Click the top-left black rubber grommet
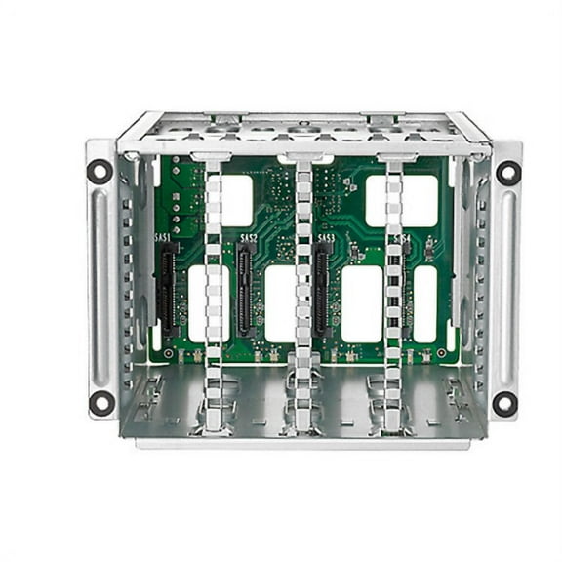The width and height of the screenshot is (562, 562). (x=100, y=172)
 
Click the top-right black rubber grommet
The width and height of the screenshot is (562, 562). (x=507, y=172)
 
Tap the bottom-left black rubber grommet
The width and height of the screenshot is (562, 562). (x=100, y=402)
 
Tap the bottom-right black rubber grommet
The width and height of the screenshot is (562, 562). (x=504, y=402)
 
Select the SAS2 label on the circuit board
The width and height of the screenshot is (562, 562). (x=249, y=237)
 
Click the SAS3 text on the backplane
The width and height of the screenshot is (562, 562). (x=326, y=237)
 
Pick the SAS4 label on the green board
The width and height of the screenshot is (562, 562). (x=401, y=237)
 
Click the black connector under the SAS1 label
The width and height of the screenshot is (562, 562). (x=168, y=288)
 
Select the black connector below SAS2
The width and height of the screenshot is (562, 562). (x=244, y=288)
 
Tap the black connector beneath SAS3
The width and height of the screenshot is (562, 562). (x=320, y=288)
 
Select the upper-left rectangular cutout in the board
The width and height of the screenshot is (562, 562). (x=236, y=199)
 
